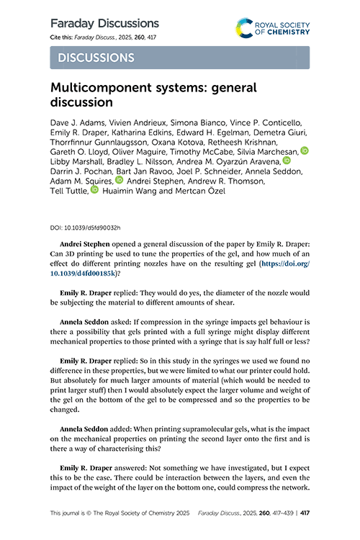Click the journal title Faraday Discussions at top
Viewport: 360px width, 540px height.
[x=104, y=23]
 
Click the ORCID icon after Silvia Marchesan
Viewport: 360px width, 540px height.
[x=304, y=150]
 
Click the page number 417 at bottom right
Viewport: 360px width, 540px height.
[x=305, y=513]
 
